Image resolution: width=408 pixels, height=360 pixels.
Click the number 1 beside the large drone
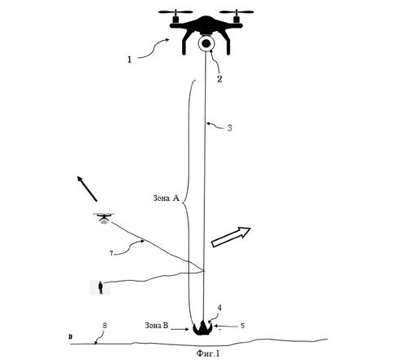[x=130, y=60]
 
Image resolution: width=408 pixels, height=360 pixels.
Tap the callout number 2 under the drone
[x=220, y=79]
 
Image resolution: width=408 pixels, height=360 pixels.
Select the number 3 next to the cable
[x=229, y=128]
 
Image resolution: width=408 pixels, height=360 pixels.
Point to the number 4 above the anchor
[x=220, y=308]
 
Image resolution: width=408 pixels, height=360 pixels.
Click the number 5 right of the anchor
[x=242, y=326]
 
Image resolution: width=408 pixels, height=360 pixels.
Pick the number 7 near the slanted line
[x=111, y=253]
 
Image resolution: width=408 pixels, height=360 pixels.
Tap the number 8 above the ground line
[x=104, y=325]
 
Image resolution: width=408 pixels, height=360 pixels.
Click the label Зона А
[x=166, y=198]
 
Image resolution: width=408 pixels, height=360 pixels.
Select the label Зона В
[x=157, y=326]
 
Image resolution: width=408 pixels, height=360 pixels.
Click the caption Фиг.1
[x=207, y=353]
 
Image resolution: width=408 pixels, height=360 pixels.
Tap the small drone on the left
[x=104, y=218]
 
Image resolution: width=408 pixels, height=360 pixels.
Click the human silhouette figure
[x=100, y=287]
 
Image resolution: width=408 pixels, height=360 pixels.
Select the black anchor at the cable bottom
[x=202, y=328]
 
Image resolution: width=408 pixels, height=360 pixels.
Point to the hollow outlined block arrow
[x=231, y=237]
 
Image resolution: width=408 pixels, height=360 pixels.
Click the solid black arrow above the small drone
[x=87, y=189]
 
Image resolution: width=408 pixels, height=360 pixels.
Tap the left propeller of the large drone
[x=175, y=12]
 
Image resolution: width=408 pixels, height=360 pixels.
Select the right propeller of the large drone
[x=237, y=12]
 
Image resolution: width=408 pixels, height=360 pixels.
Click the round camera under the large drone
[x=206, y=43]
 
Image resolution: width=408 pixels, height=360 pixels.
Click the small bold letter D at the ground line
[x=70, y=337]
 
